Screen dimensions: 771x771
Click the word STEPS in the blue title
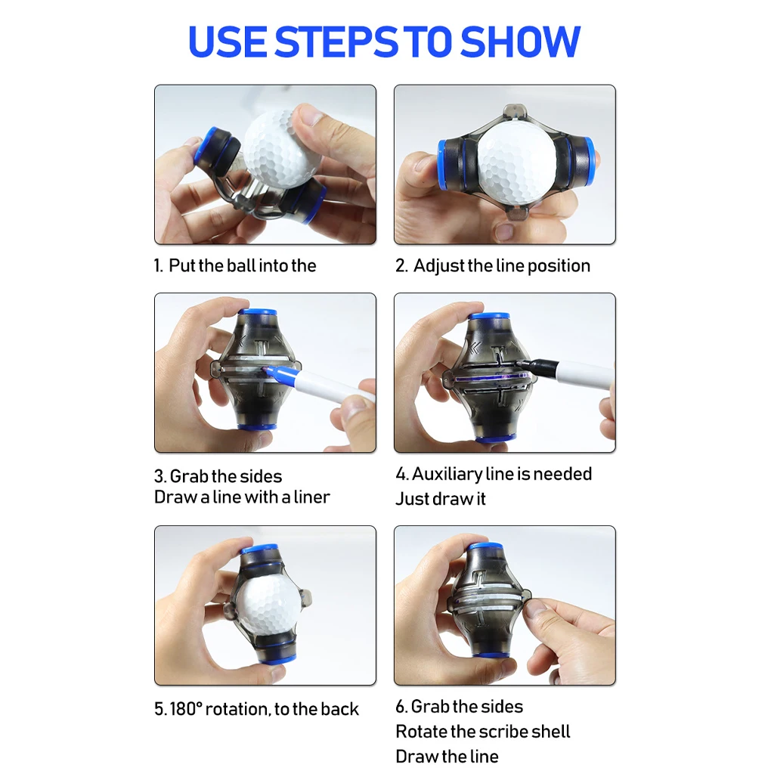click(336, 42)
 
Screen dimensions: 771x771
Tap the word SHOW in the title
click(520, 42)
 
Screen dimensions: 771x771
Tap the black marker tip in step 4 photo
click(519, 364)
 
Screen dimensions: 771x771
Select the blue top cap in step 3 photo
click(257, 311)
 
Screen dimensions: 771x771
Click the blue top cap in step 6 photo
click(485, 546)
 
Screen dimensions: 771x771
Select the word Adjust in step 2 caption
click(439, 266)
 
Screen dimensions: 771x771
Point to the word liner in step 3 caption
click(311, 497)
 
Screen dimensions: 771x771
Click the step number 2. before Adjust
click(401, 266)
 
